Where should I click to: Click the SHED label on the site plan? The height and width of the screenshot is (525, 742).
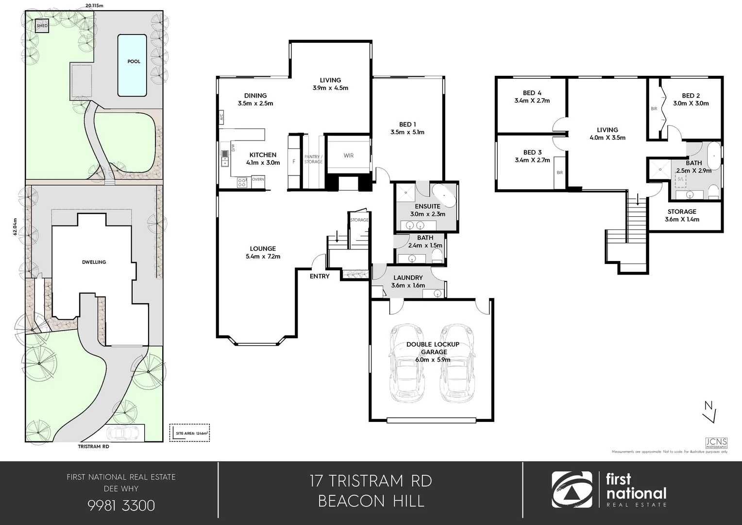point(42,26)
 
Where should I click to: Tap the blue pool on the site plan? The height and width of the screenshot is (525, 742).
point(132,65)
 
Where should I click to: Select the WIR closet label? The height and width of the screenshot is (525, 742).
point(348,156)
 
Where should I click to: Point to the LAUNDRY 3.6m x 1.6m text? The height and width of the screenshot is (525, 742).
point(408,281)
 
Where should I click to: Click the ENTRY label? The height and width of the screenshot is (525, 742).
point(320,276)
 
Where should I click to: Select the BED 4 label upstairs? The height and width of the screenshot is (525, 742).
point(532,97)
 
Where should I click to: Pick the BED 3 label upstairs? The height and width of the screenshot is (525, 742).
point(532,156)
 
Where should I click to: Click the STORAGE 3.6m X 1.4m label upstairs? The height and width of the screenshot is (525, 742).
point(682,215)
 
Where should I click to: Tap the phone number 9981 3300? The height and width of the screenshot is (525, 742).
point(121,506)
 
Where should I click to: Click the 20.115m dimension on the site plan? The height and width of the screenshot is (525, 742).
point(94,5)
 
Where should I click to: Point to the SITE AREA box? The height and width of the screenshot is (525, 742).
point(189,432)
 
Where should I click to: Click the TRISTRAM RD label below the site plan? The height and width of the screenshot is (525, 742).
point(93,446)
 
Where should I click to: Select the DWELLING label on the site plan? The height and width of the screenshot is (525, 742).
point(94,262)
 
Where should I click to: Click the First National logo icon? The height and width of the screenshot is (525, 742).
point(572,490)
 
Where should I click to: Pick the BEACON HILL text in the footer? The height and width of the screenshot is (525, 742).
point(371,501)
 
